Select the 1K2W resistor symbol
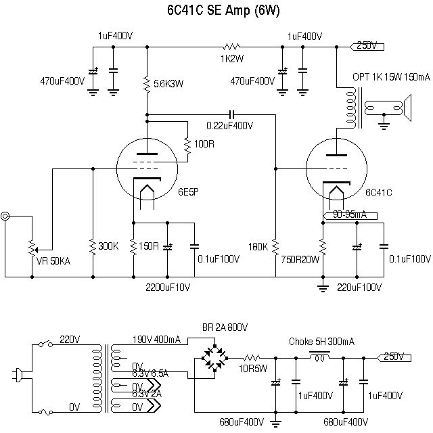(232, 47)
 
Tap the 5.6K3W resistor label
(169, 84)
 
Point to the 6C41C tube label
(379, 193)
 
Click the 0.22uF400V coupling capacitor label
(231, 125)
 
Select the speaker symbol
(406, 108)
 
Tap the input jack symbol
(6, 216)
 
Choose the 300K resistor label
(108, 246)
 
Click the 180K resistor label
(259, 246)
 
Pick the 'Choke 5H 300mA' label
(322, 341)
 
